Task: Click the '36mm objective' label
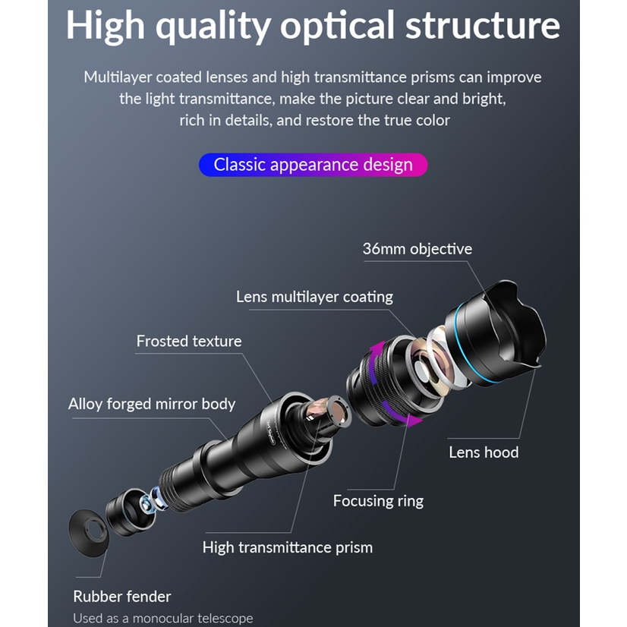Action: click(417, 249)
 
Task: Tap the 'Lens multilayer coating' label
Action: click(314, 297)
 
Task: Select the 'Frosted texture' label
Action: click(189, 342)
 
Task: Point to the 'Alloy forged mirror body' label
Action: click(152, 404)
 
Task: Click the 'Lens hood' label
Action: click(484, 452)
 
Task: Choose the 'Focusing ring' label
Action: click(378, 501)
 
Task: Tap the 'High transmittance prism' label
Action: click(288, 547)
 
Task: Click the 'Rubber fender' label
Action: click(122, 597)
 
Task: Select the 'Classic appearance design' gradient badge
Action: click(313, 165)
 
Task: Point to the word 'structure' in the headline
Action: click(482, 26)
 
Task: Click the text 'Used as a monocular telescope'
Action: click(163, 619)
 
